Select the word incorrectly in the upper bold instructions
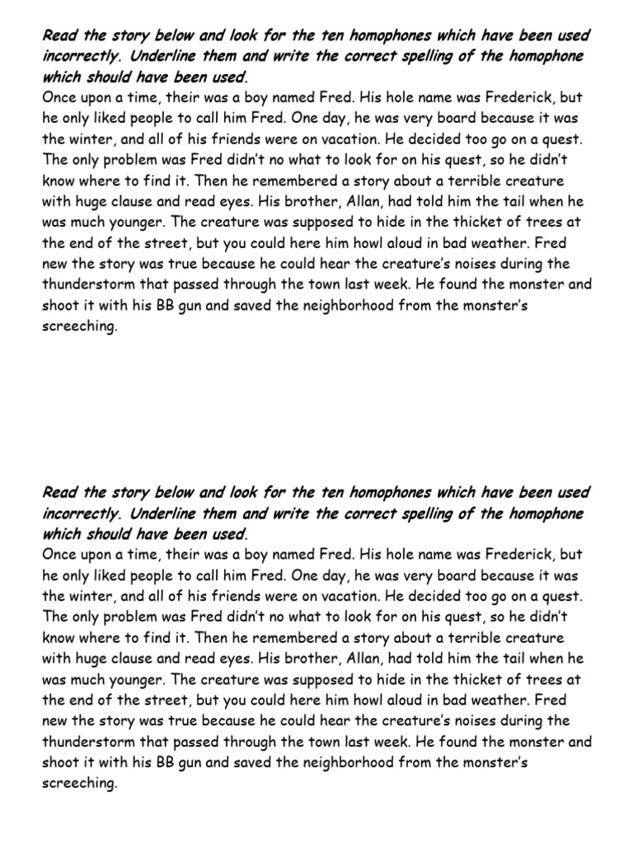point(82,56)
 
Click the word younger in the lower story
point(135,679)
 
